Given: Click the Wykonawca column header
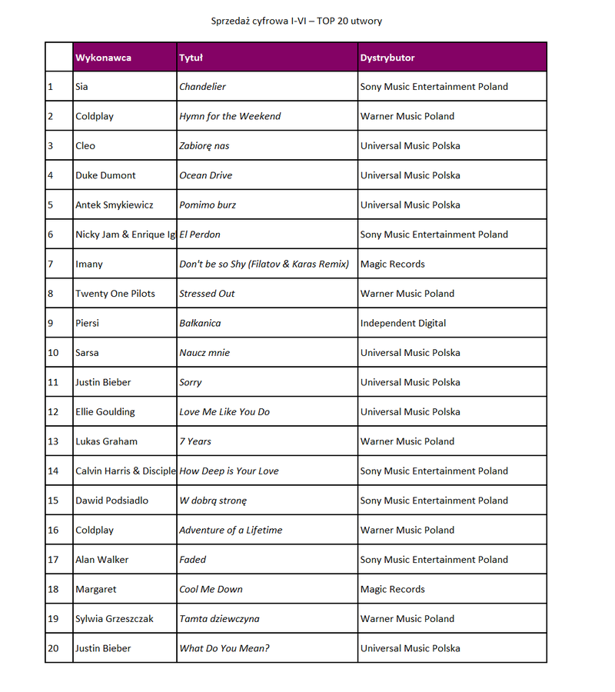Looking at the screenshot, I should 103,58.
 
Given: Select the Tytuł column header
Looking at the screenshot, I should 191,58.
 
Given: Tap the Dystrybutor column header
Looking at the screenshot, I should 387,58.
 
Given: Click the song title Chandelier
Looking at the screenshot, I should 202,87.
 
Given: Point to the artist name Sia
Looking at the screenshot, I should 81,87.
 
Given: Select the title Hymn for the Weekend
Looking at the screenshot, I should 230,116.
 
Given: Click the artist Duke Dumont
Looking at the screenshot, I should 105,175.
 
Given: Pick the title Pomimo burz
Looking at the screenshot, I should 208,205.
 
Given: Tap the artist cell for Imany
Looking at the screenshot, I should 89,264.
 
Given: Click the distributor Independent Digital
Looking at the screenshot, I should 403,323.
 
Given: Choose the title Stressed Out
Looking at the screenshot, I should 208,294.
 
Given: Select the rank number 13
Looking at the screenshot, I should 53,441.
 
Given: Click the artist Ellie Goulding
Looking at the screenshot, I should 105,412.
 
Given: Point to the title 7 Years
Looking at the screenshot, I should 195,441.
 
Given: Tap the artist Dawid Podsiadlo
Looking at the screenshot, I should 111,501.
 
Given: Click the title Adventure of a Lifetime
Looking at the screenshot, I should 231,530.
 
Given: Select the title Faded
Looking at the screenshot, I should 193,560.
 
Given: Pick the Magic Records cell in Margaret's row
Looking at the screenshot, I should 392,589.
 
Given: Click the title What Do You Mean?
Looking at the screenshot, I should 224,648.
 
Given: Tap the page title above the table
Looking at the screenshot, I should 297,21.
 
